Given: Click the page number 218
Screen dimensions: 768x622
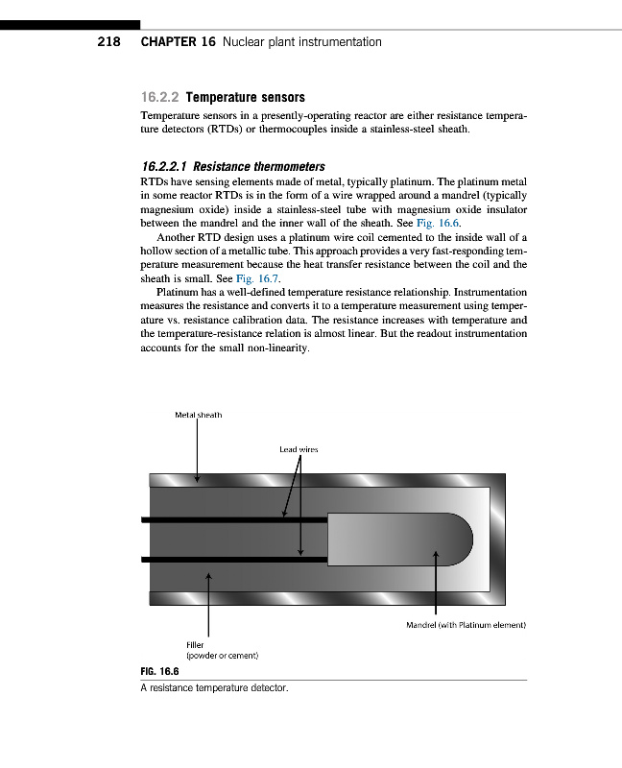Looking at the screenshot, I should coord(108,42).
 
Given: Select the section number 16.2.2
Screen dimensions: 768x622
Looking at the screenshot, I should coord(159,97).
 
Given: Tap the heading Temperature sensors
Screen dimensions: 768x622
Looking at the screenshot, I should coord(245,97).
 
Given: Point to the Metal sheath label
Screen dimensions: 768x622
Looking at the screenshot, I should coord(198,415).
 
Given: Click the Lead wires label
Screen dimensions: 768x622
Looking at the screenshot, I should coord(298,448).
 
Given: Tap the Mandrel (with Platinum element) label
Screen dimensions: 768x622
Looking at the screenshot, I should coord(466,626).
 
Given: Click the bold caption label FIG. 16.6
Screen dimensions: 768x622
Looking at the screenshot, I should coord(158,673).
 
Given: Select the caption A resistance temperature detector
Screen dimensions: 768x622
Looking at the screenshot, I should coord(214,688).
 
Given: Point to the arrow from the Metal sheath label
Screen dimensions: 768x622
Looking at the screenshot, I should coord(197,451).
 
